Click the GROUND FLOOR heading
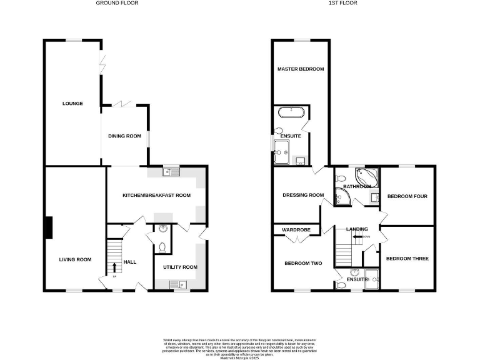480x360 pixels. pos(117,3)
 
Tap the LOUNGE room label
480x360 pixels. pos(72,103)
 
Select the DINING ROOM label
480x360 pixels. pos(125,136)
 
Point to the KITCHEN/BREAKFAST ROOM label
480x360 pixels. pos(156,195)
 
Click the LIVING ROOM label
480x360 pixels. pos(75,260)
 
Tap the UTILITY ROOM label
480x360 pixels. pos(180,267)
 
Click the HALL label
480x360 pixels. pos(130,262)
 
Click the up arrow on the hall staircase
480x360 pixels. pos(114,267)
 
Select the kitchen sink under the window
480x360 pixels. pos(170,172)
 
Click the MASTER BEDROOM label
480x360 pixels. pos(301,69)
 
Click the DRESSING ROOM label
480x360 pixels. pos(302,195)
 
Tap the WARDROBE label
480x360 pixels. pos(296,230)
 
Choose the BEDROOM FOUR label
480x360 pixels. pos(407,197)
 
